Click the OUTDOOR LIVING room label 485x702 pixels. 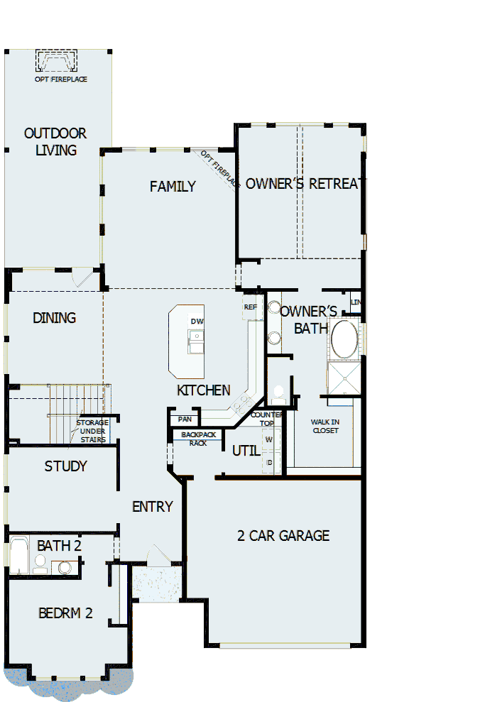coord(55,142)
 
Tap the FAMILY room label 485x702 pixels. coord(173,187)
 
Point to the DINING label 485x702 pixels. coord(54,318)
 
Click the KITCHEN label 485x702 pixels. coord(203,390)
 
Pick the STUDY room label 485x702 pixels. coord(65,466)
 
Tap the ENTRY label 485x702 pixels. coord(153,507)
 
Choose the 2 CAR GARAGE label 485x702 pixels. coord(283,536)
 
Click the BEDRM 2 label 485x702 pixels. coord(65,613)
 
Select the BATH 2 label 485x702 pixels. coord(59,546)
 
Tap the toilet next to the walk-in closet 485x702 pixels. coord(278,393)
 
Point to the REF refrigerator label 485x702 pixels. coord(250,307)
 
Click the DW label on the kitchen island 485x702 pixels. coord(197,322)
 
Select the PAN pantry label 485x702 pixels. coord(185,419)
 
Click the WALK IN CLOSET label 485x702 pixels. coord(325,427)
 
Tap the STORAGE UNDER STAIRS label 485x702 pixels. coord(92,431)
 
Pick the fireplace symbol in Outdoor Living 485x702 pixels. coord(57,62)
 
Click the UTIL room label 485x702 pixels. coord(246,451)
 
